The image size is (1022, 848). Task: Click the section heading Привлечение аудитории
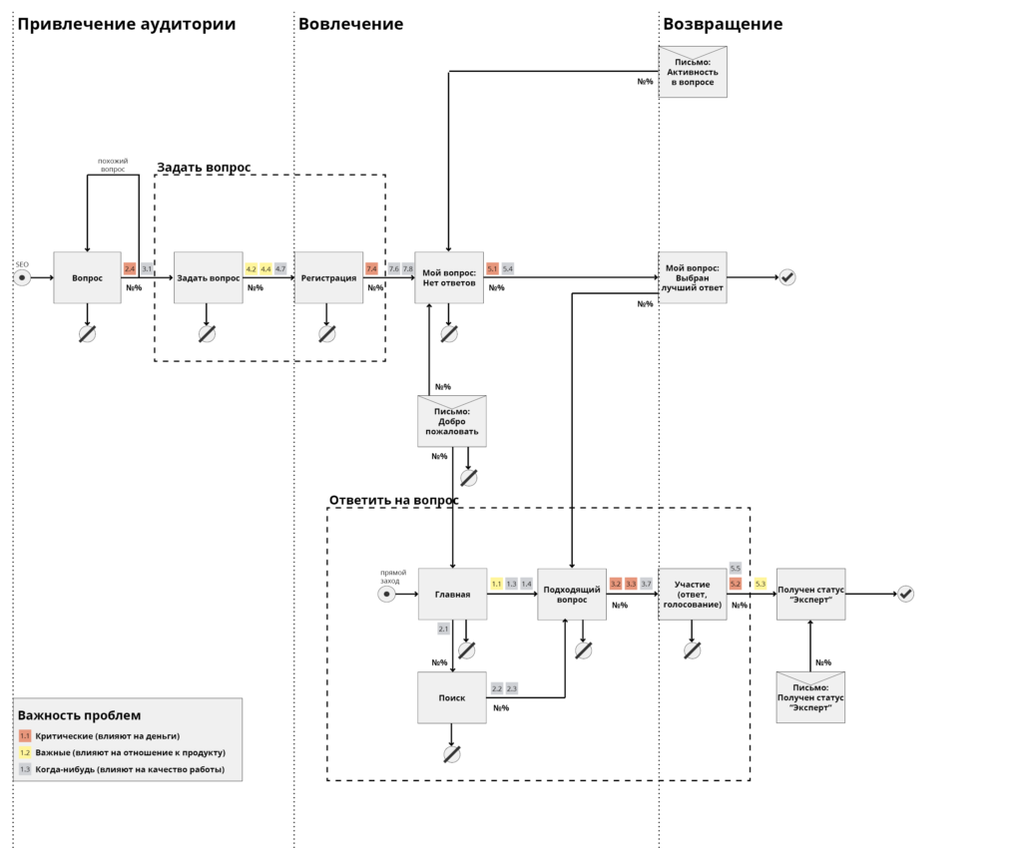pos(127,24)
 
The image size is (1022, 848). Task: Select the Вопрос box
pos(88,277)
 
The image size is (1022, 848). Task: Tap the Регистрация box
pos(328,277)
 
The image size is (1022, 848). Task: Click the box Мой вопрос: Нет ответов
pos(449,277)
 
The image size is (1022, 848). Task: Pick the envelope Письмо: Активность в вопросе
pos(693,72)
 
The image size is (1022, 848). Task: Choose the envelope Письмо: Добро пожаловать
pos(451,421)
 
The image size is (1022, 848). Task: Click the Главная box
pos(452,595)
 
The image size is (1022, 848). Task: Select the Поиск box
pos(452,697)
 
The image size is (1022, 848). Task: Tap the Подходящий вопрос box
pos(572,595)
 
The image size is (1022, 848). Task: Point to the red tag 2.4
pos(130,268)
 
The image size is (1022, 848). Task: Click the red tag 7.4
pos(371,268)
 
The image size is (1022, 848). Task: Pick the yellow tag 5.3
pos(761,584)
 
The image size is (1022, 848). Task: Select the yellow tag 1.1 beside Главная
pos(496,584)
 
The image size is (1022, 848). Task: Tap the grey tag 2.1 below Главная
pos(443,629)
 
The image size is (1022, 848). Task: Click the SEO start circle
pos(22,277)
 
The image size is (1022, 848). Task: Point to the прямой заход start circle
pos(387,595)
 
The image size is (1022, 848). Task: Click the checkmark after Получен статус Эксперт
pos(906,594)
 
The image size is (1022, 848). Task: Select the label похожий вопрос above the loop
pos(112,165)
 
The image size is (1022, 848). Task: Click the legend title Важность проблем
pos(79,715)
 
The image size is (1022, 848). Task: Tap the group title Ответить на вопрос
pos(394,500)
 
